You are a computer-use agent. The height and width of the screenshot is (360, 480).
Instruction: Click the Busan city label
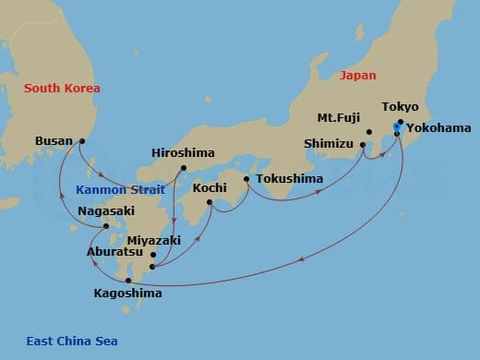[x=53, y=141]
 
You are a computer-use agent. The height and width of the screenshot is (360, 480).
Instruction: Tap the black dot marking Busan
[x=82, y=141]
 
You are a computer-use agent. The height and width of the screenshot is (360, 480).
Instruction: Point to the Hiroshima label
[x=184, y=152]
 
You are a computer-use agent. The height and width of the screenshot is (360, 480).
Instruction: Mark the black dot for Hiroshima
[x=184, y=168]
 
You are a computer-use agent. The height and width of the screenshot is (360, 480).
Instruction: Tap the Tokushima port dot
[x=246, y=179]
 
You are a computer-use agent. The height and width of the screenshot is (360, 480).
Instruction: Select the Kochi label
[x=210, y=187]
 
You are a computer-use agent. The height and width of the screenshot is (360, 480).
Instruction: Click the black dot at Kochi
[x=210, y=202]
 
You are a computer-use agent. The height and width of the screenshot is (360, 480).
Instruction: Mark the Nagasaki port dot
[x=107, y=226]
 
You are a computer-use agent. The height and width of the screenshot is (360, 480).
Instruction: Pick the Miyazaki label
[x=174, y=240]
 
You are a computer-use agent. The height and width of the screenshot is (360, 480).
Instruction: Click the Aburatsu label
[x=114, y=251]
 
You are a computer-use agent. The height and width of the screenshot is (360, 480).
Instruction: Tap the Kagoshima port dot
[x=128, y=280]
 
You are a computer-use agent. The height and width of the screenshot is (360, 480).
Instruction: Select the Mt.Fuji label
[x=339, y=117]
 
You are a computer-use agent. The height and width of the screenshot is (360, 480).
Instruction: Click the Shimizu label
[x=330, y=144]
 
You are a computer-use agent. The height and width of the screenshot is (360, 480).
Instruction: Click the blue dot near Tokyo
[x=396, y=126]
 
